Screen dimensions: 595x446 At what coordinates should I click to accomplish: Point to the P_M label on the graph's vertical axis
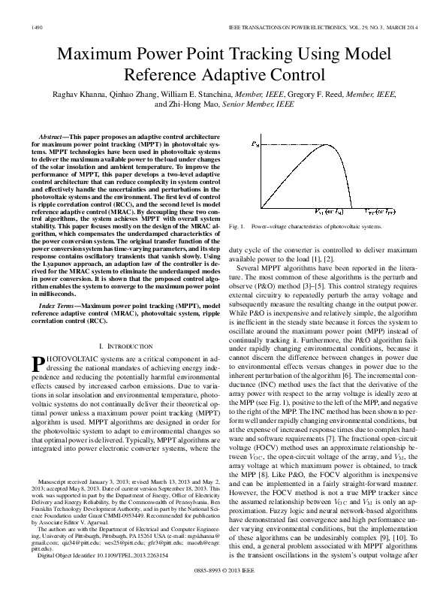(256, 142)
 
